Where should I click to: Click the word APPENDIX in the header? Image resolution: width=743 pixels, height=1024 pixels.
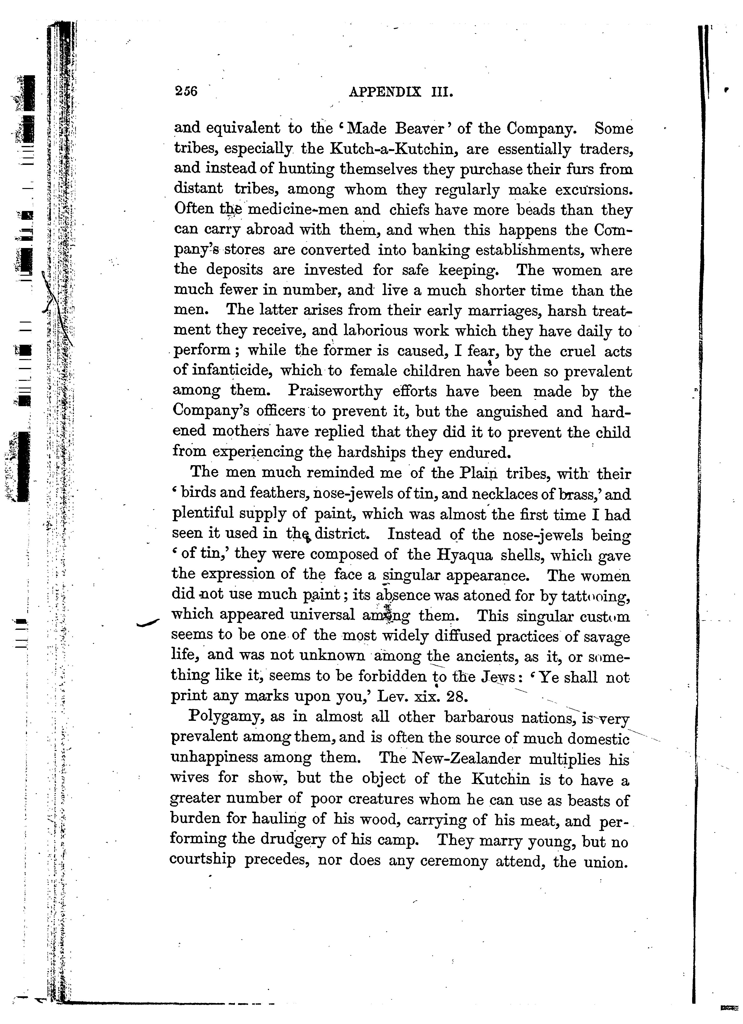tap(386, 92)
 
